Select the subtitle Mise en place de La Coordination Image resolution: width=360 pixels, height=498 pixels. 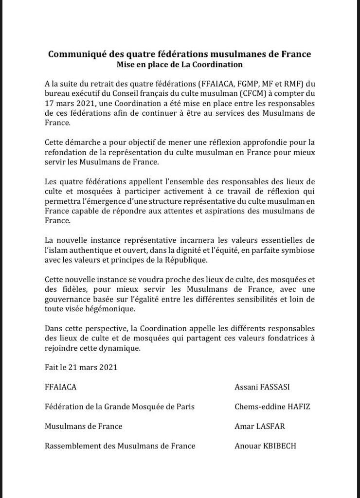click(180, 64)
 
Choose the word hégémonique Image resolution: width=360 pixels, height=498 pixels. click(110, 308)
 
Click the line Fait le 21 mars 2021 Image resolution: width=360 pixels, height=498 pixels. click(81, 367)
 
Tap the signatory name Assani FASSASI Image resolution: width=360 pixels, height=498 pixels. click(266, 387)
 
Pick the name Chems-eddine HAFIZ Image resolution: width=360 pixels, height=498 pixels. click(272, 407)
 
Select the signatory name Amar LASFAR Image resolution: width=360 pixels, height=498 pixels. click(260, 426)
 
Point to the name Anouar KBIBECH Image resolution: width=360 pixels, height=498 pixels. click(265, 445)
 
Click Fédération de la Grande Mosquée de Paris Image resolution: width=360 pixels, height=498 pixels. click(120, 407)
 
